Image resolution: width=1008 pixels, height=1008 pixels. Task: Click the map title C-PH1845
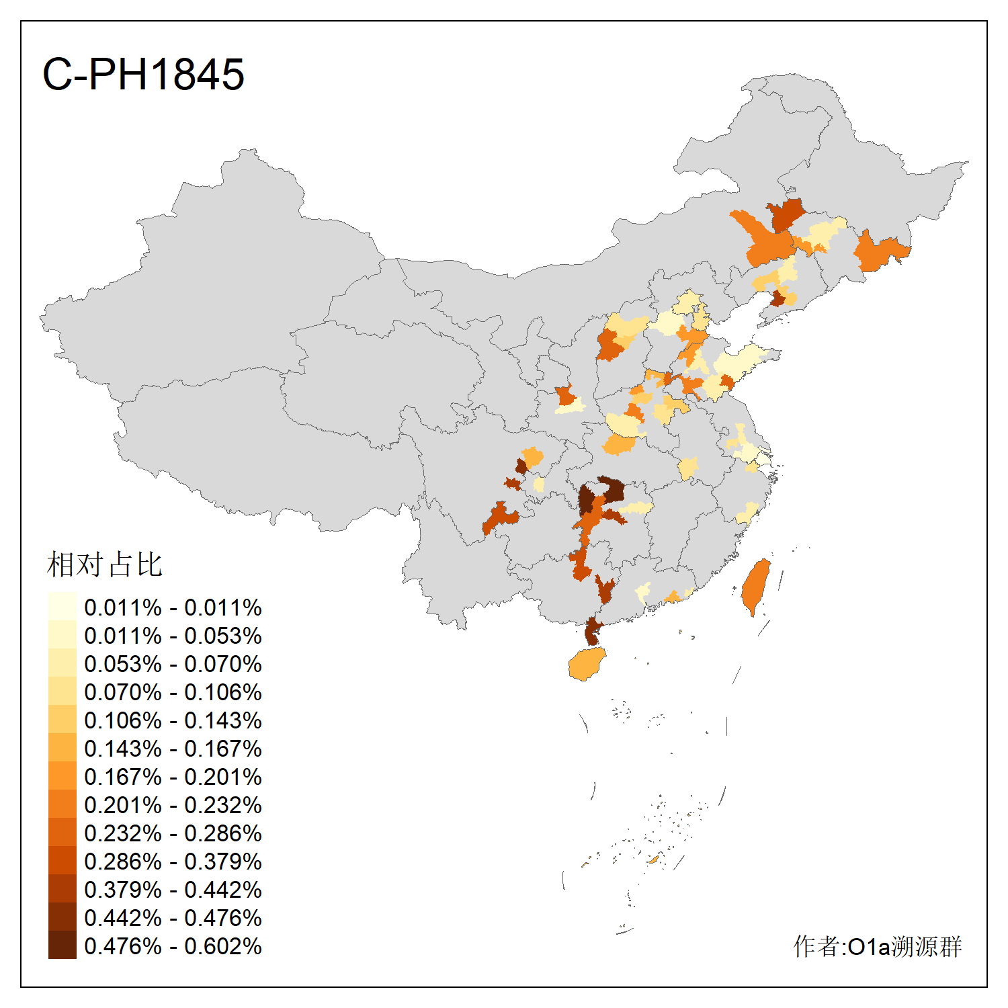[143, 74]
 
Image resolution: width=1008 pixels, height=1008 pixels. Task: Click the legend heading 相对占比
[105, 564]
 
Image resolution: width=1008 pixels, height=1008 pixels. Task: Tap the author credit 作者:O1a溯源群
[878, 946]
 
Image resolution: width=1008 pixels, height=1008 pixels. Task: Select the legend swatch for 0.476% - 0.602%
[62, 945]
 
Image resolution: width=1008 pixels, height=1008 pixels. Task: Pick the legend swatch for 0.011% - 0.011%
[62, 606]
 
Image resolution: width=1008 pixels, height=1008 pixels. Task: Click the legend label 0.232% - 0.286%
[173, 833]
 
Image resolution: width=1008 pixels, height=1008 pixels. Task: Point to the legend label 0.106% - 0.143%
[173, 720]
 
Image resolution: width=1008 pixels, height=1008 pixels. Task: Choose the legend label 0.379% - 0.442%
[173, 890]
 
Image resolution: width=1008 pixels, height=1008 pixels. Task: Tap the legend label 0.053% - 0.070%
[173, 664]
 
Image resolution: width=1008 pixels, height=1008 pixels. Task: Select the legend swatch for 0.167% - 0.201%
[62, 775]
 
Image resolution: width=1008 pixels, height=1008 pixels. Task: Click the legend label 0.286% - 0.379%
[173, 862]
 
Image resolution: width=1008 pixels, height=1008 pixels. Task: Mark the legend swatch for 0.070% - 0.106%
[62, 691]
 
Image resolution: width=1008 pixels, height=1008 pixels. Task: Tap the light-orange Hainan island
[587, 665]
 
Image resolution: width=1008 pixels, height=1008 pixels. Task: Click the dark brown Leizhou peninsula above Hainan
[592, 632]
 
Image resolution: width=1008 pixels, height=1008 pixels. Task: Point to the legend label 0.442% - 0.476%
[173, 918]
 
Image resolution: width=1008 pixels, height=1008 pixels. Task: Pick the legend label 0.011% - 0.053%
[173, 636]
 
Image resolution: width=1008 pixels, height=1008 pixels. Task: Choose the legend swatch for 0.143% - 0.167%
[62, 747]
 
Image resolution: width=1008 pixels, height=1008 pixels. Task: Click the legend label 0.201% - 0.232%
[173, 805]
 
